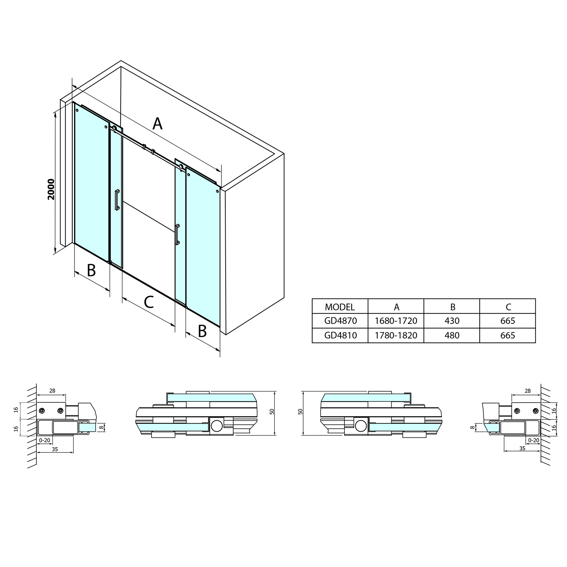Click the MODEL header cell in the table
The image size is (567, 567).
point(340,307)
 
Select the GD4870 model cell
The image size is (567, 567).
point(340,321)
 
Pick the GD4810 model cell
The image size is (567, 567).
point(340,335)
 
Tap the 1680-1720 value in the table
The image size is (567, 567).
point(396,321)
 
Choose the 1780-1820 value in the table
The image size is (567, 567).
point(396,335)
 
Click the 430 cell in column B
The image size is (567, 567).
point(452,321)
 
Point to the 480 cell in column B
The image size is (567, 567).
point(452,335)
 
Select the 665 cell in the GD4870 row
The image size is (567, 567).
point(508,321)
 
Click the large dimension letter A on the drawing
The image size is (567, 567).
point(157,124)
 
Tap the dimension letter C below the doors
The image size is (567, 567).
point(149,302)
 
